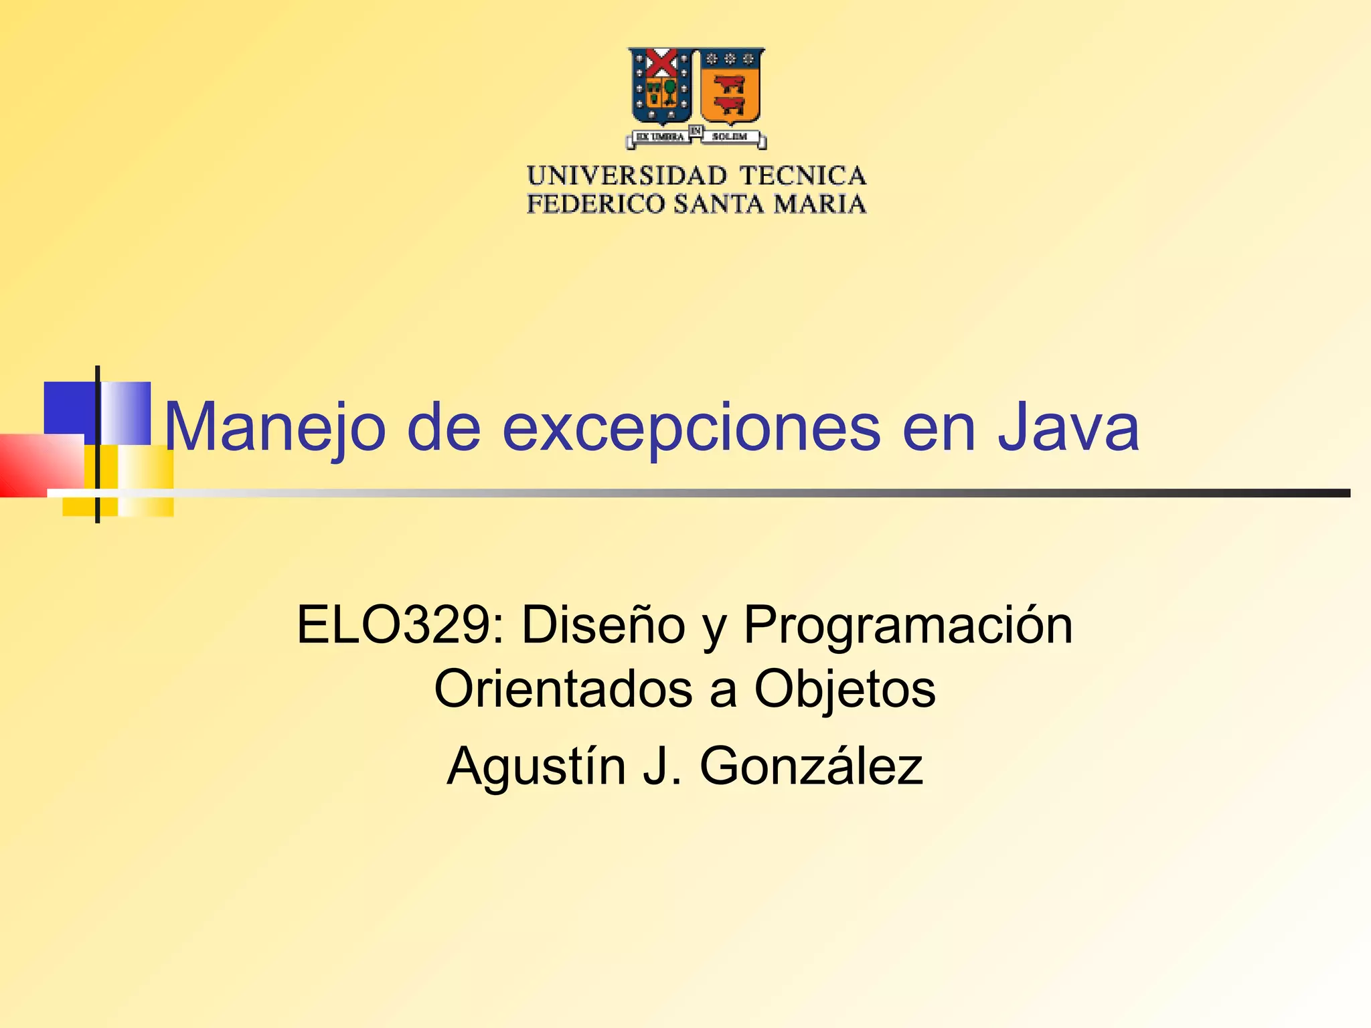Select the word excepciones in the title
[x=691, y=428]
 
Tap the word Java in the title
[x=1068, y=427]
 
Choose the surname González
[x=811, y=766]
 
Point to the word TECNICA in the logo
[x=803, y=176]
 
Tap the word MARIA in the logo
[x=820, y=204]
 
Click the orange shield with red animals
[x=730, y=87]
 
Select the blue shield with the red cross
[x=661, y=87]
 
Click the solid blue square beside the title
[x=69, y=408]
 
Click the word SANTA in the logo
[x=719, y=204]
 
